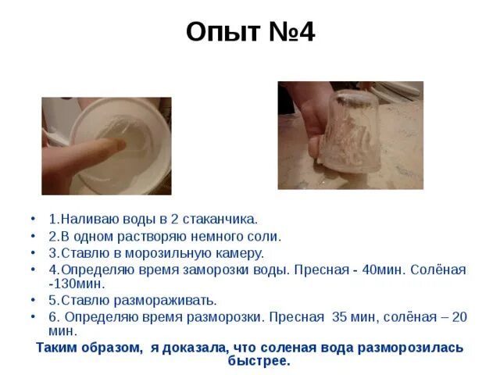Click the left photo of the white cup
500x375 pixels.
[106, 145]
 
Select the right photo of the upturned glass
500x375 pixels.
[350, 134]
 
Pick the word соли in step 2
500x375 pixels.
[266, 236]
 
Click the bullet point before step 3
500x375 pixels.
[33, 253]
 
